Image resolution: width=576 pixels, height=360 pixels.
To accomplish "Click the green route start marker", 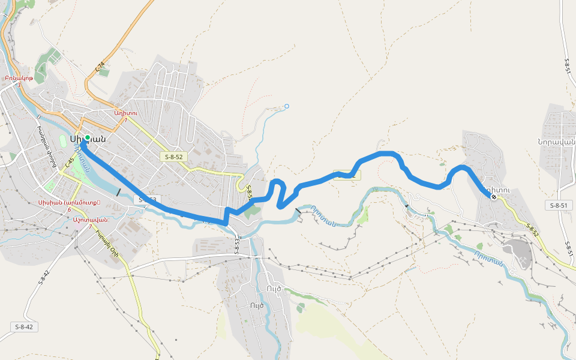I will [87, 137].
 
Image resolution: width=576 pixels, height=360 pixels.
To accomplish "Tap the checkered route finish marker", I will [493, 196].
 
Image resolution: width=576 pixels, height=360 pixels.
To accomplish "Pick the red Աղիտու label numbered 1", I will [126, 113].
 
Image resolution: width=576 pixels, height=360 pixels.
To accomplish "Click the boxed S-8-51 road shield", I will [559, 205].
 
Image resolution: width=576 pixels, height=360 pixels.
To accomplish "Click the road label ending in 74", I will [100, 67].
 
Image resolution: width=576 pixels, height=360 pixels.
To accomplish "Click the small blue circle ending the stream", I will [286, 106].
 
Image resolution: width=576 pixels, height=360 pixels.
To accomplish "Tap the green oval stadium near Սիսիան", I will [63, 140].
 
